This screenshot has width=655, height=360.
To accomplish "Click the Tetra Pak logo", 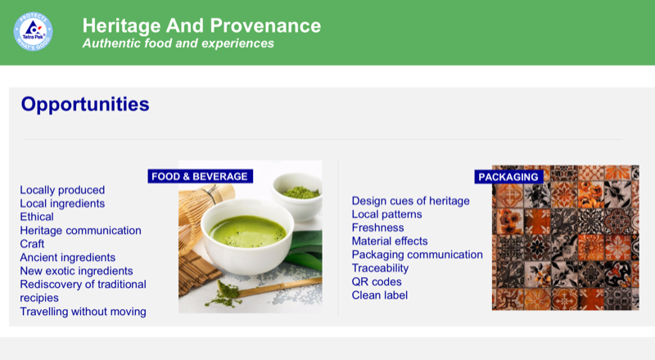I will (34, 32).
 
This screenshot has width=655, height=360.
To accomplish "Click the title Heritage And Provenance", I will (201, 25).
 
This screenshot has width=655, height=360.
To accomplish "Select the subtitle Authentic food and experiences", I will (178, 43).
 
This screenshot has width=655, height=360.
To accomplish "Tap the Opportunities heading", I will (85, 105).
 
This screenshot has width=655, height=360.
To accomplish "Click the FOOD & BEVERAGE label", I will (199, 176).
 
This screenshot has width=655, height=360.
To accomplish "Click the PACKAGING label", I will (508, 177).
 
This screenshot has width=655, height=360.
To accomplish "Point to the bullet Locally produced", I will (62, 190).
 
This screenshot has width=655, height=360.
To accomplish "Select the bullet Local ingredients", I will (62, 203).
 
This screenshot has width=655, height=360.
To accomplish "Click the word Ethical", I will (37, 217).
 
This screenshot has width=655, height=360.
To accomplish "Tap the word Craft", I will (32, 244).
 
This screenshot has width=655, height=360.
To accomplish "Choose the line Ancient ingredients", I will (68, 257).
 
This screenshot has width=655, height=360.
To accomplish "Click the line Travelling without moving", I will (83, 311).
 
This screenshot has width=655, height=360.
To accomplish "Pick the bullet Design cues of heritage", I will (410, 200).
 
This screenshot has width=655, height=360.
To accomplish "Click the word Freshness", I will (377, 227).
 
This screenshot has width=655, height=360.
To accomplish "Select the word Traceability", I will (381, 268).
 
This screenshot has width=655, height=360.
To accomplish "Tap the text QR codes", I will (377, 281).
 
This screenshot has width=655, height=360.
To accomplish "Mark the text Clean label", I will (379, 295).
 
